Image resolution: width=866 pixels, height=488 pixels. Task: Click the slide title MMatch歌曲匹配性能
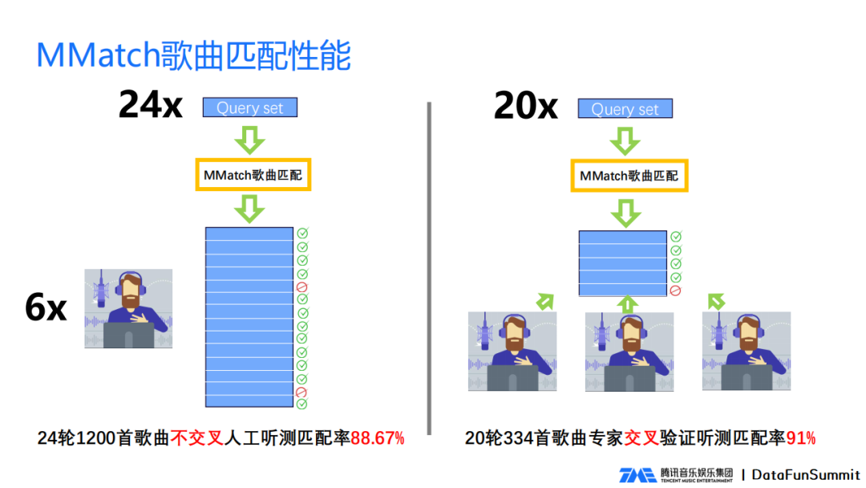tap(193, 55)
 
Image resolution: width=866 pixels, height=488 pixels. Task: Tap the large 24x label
tap(151, 104)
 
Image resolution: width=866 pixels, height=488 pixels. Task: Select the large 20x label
tap(526, 105)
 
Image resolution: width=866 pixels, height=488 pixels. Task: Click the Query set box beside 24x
tap(249, 108)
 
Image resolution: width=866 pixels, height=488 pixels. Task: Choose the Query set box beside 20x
tap(625, 108)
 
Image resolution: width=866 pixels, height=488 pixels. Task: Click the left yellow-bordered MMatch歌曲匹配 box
tap(253, 174)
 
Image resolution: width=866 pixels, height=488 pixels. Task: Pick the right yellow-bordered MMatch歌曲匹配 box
tap(629, 175)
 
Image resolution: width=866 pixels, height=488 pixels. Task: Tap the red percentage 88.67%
tap(378, 438)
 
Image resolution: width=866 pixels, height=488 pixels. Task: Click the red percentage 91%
tap(801, 438)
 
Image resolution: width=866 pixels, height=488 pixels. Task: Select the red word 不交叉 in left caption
tap(196, 438)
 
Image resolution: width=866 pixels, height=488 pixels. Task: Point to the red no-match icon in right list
tap(676, 291)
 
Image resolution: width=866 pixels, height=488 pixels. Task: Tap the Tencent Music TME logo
tap(637, 475)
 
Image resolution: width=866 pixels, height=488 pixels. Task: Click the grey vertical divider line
tap(430, 268)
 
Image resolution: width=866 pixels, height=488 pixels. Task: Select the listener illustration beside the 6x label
tap(128, 308)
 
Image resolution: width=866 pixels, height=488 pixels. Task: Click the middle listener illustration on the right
tap(629, 352)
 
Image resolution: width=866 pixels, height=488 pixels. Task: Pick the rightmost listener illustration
tap(746, 352)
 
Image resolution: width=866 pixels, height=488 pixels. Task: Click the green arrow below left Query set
tap(249, 141)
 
